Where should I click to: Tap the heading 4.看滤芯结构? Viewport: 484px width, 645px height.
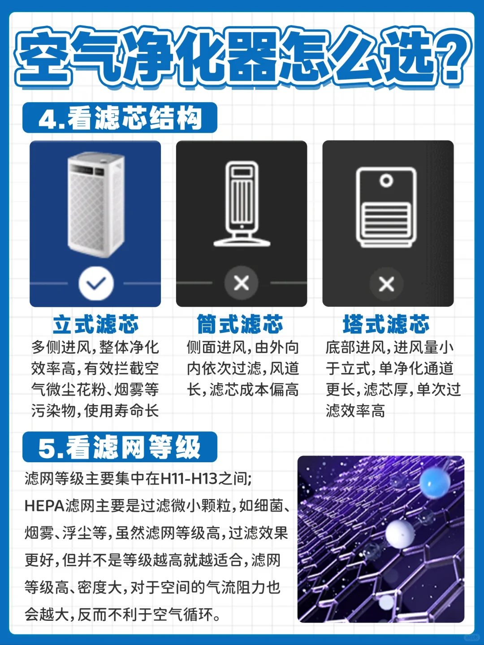(120, 118)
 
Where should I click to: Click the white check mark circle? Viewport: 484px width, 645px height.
(96, 283)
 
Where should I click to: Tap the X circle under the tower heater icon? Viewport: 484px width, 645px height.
(241, 283)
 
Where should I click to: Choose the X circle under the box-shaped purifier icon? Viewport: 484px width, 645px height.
(386, 284)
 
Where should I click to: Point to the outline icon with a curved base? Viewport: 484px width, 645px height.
(242, 203)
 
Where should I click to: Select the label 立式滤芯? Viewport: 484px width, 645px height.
(96, 324)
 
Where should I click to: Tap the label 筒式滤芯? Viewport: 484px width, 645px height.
(240, 324)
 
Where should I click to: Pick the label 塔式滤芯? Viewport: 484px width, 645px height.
(386, 324)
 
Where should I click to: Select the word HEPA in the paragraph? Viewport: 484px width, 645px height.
(44, 506)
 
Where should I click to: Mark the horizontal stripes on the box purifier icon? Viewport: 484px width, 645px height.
(386, 220)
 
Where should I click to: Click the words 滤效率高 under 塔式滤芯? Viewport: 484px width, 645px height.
(355, 410)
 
